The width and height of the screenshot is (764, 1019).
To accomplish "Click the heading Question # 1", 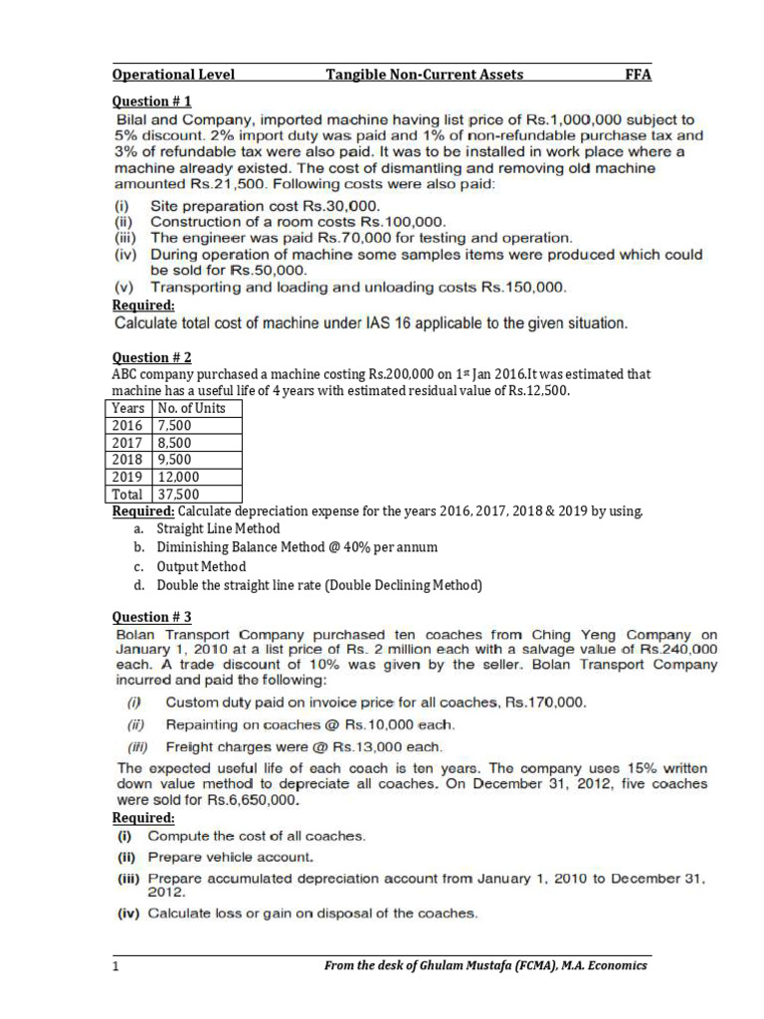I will pyautogui.click(x=151, y=101).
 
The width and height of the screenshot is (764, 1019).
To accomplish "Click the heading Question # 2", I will pyautogui.click(x=151, y=357).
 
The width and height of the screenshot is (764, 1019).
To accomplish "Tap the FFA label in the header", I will pyautogui.click(x=638, y=75).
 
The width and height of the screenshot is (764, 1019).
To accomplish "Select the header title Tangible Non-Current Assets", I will pyautogui.click(x=425, y=75).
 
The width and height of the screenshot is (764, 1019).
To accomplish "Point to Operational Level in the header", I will pyautogui.click(x=173, y=75).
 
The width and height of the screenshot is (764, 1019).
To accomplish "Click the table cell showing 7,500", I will pyautogui.click(x=175, y=425).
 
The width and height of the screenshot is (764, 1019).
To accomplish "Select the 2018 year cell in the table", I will pyautogui.click(x=128, y=460).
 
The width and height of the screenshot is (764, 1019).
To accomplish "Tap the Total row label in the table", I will pyautogui.click(x=128, y=494).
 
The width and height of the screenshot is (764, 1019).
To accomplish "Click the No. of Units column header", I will pyautogui.click(x=191, y=408).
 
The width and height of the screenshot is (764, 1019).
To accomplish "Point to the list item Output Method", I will pyautogui.click(x=201, y=566).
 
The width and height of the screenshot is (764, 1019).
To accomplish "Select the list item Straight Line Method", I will pyautogui.click(x=218, y=528).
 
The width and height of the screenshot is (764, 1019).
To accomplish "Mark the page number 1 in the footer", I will pyautogui.click(x=115, y=965).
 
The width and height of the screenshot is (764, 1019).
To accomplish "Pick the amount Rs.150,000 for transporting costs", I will pyautogui.click(x=523, y=288).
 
